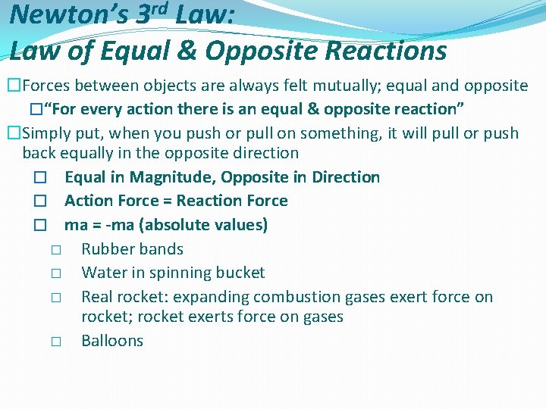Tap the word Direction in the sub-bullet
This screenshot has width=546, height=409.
pyautogui.click(x=346, y=177)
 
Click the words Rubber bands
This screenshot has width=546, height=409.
pyautogui.click(x=132, y=249)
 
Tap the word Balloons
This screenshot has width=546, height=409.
pyautogui.click(x=112, y=341)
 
